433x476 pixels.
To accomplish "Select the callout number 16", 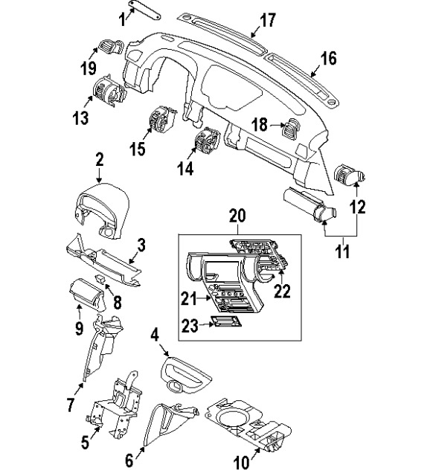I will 328,58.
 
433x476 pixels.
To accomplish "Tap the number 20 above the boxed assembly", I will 237,216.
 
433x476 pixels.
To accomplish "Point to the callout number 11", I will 341,253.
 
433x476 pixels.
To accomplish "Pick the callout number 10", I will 241,462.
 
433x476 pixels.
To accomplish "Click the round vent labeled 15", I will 161,118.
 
